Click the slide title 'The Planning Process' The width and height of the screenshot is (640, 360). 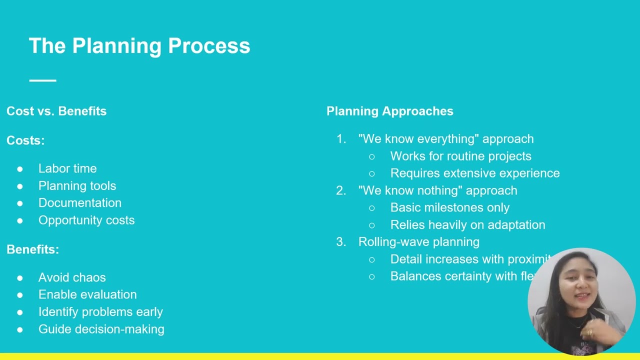coord(139,46)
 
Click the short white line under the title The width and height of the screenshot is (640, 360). coord(42,80)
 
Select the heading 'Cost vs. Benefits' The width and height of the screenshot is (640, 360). coord(56,111)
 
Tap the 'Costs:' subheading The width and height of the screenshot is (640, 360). coord(25,140)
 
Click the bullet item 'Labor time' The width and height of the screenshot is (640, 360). coord(67,168)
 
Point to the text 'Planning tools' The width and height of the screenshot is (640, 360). coord(77,186)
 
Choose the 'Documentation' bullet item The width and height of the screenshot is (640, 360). coord(80,203)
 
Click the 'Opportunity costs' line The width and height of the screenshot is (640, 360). coord(86,220)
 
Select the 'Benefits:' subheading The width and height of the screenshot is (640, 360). coord(32,249)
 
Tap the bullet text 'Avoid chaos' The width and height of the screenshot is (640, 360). coord(72,277)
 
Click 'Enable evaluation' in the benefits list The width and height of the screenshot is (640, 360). coord(87,294)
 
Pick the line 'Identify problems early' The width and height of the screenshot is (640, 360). coord(100,312)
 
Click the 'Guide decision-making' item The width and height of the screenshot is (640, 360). coord(101,329)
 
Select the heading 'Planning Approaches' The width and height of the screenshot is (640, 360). coord(390,111)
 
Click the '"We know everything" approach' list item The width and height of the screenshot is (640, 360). coord(446,139)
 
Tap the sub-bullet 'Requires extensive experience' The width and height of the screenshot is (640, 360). coord(475,173)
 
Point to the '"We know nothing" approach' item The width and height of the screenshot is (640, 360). coord(437,190)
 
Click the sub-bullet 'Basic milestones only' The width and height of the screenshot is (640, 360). coord(450,207)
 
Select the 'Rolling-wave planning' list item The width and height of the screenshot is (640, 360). coord(419,242)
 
